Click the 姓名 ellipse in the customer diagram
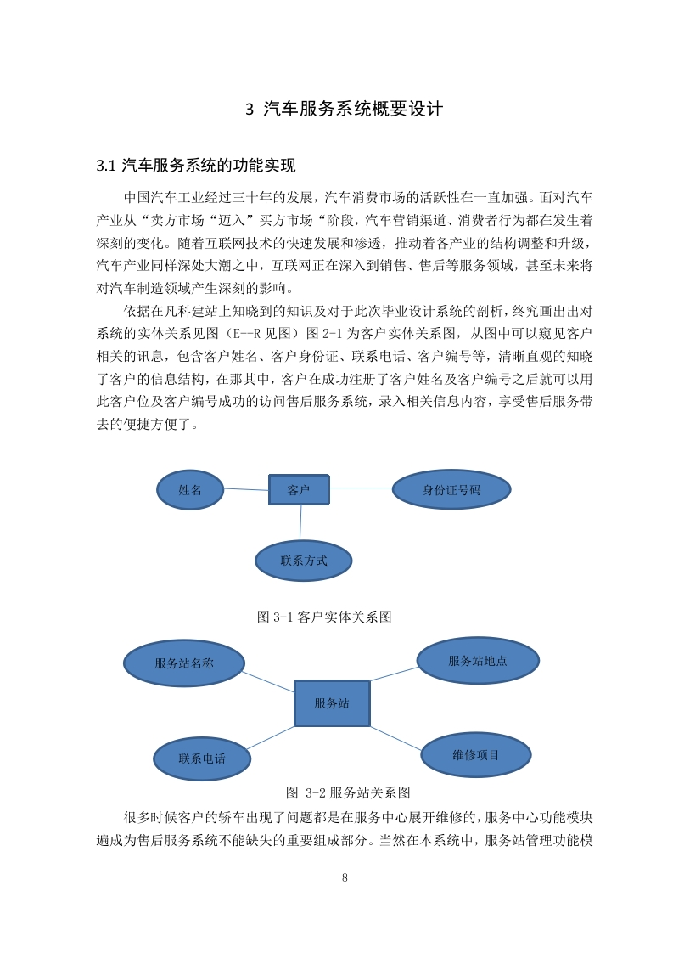pyautogui.click(x=190, y=490)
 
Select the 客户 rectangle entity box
pyautogui.click(x=299, y=490)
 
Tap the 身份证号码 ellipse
pyautogui.click(x=451, y=490)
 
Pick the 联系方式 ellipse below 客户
pyautogui.click(x=303, y=561)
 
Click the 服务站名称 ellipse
pyautogui.click(x=184, y=663)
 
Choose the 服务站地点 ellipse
pyautogui.click(x=478, y=661)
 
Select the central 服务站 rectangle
pyautogui.click(x=332, y=703)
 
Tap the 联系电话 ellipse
pyautogui.click(x=202, y=758)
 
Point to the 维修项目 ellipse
pyautogui.click(x=475, y=755)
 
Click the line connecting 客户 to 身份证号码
pyautogui.click(x=361, y=488)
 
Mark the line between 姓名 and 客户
pyautogui.click(x=247, y=489)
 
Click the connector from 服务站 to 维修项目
pyautogui.click(x=396, y=738)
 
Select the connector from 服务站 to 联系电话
pyautogui.click(x=271, y=738)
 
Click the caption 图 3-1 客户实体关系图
pyautogui.click(x=323, y=617)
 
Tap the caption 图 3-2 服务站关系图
pyautogui.click(x=348, y=792)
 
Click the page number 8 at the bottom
pyautogui.click(x=345, y=877)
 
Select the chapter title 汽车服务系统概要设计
pyautogui.click(x=353, y=109)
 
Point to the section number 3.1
pyautogui.click(x=106, y=166)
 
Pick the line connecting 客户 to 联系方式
pyautogui.click(x=300, y=522)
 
